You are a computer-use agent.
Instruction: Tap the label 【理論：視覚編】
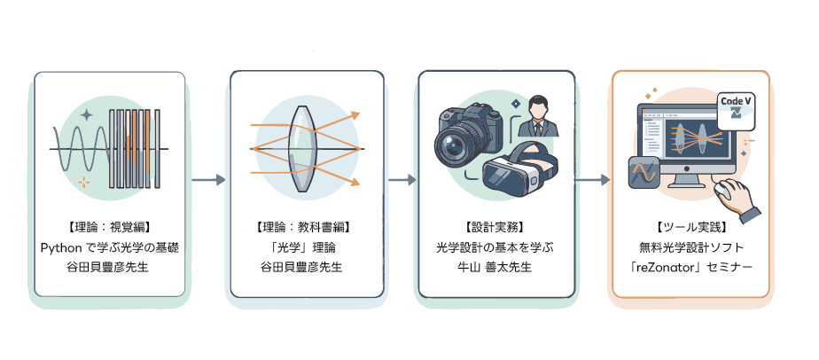click(x=109, y=227)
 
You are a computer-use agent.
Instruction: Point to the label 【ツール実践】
click(x=690, y=227)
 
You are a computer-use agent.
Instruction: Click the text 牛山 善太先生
click(x=494, y=267)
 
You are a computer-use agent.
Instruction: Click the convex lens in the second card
click(x=301, y=149)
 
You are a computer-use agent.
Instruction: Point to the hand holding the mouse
click(x=737, y=199)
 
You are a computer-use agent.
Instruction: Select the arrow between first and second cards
click(x=208, y=180)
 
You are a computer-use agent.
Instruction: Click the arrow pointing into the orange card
click(x=592, y=180)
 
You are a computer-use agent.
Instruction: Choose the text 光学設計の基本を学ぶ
click(x=494, y=247)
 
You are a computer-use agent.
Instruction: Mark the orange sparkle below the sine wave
click(x=83, y=183)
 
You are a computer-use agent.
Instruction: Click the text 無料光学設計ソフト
click(x=690, y=247)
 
